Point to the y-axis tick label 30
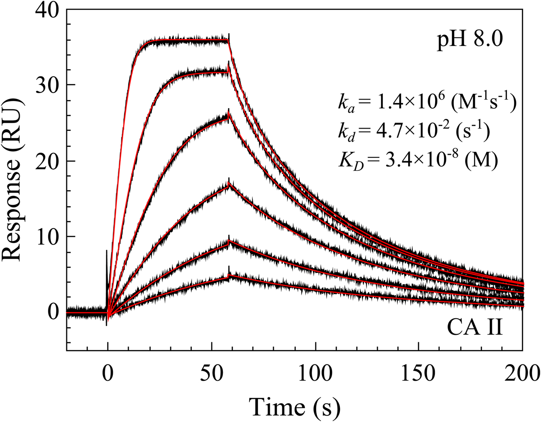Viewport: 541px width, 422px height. coord(47,85)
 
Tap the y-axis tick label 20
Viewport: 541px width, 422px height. coord(47,161)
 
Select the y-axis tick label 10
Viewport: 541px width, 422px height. coord(47,236)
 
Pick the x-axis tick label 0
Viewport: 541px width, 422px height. coord(107,373)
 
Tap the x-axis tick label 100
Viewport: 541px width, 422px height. coord(315,373)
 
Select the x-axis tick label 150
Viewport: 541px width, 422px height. coord(419,373)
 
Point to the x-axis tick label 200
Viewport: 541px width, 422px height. coord(522,373)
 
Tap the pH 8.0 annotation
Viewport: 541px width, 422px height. coord(470,40)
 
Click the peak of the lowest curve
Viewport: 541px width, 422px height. coord(229,276)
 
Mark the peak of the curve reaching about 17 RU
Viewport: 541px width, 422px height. coord(229,185)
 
